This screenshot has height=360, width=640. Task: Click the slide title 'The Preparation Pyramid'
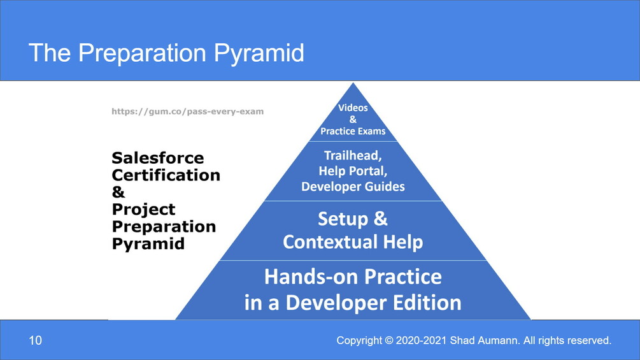click(x=167, y=53)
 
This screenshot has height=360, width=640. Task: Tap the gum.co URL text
click(x=188, y=112)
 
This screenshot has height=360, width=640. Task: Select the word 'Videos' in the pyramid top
click(x=353, y=108)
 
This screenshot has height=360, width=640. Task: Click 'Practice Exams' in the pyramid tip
click(x=353, y=131)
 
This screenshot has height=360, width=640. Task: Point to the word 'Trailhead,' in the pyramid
click(x=353, y=155)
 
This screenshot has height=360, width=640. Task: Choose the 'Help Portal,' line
click(x=353, y=171)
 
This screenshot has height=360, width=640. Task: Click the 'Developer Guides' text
click(x=353, y=187)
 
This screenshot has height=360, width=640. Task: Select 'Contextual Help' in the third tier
click(x=353, y=242)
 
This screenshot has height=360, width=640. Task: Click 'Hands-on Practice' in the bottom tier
click(x=353, y=277)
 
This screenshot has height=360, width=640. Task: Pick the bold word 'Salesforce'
click(x=158, y=158)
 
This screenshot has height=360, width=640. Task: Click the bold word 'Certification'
click(x=166, y=175)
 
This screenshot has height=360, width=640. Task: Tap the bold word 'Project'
click(x=144, y=210)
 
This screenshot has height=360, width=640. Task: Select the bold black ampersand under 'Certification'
click(x=118, y=192)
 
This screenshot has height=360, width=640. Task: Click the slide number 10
click(x=35, y=340)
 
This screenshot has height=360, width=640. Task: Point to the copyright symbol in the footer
click(x=388, y=340)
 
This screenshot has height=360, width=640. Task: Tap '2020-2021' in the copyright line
click(x=421, y=340)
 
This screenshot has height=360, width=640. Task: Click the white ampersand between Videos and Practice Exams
click(x=353, y=120)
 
